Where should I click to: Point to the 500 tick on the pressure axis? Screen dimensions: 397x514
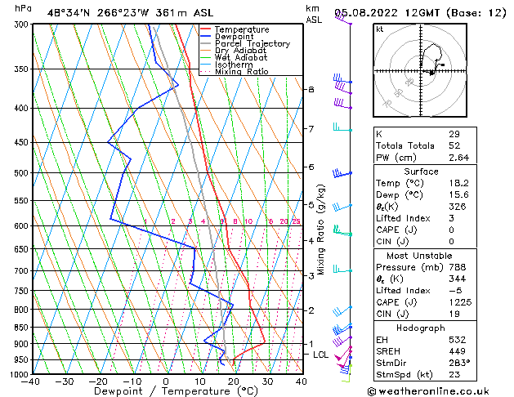(x=22, y=173)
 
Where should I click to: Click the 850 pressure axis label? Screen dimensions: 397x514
(x=22, y=327)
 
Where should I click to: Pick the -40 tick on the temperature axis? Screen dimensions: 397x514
(x=32, y=381)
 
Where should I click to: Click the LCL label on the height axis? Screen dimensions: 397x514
(x=320, y=355)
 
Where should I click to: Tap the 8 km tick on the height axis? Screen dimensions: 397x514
(x=311, y=89)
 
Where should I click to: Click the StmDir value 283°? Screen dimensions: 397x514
(x=457, y=363)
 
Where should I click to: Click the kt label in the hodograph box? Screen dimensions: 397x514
(x=380, y=29)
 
